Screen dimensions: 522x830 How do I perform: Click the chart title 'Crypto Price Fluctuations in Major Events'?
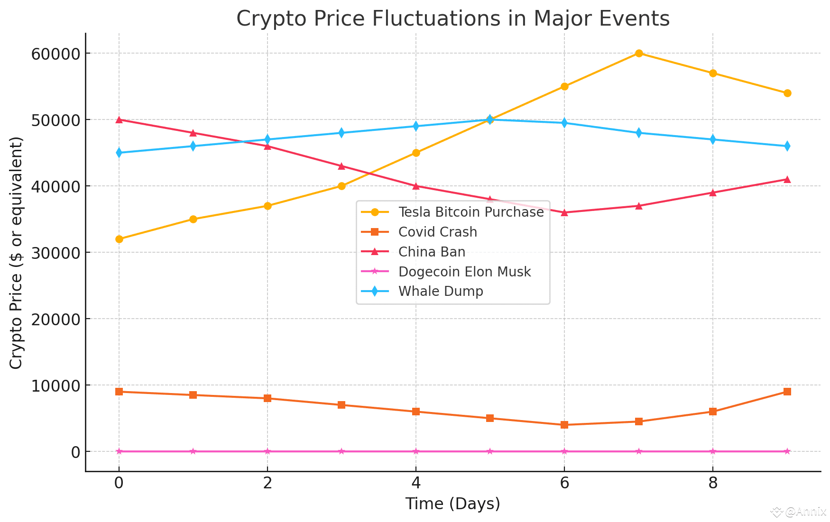coord(452,19)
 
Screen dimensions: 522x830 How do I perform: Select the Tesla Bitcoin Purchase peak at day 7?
coord(639,53)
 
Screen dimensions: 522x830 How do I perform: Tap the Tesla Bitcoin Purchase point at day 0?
coord(119,239)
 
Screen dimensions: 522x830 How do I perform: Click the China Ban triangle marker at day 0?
coord(119,119)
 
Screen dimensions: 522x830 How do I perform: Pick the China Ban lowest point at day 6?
coord(564,212)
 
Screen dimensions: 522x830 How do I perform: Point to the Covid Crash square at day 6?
coord(564,425)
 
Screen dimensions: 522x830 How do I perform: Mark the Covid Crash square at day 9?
coord(787,392)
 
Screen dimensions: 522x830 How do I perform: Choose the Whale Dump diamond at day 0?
coord(119,153)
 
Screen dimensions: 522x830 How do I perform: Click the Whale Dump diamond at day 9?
coord(787,146)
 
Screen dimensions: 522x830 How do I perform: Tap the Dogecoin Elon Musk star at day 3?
coord(341,451)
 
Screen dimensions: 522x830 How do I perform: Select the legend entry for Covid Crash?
coord(437,232)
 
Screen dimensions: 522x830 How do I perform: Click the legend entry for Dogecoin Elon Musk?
coord(464,272)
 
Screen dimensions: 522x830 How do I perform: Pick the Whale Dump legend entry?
coord(441,291)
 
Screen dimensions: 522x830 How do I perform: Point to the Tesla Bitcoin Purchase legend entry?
coord(471,212)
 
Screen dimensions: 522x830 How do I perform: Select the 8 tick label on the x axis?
coord(712,483)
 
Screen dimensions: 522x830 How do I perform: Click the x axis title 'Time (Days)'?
coord(452,504)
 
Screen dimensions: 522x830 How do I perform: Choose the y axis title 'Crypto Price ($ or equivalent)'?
coord(16,252)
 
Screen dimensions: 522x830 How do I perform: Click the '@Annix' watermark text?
coord(805,512)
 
